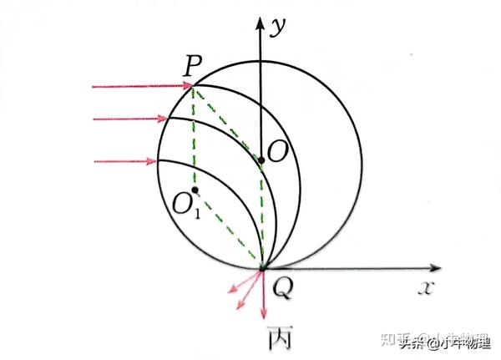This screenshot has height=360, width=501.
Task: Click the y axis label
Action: [x=278, y=26]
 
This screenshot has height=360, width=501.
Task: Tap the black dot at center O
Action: [x=261, y=159]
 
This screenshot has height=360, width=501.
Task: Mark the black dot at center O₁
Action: [x=195, y=190]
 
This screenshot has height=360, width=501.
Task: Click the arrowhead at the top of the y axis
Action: [x=261, y=21]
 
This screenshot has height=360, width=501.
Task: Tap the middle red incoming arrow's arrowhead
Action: [x=166, y=119]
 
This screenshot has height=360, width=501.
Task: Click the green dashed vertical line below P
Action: [x=194, y=134]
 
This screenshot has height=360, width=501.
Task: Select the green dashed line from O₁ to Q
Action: [x=230, y=230]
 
